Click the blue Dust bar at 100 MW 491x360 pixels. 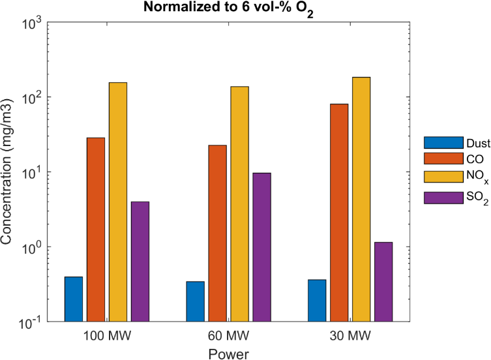coord(74,299)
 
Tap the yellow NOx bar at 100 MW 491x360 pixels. coord(118,202)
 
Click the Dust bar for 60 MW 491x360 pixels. coord(196,301)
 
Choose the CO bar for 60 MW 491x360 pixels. coord(218,233)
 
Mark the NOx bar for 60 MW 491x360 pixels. coord(240,204)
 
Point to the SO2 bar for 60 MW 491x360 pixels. coord(262,247)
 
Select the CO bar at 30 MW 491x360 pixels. coord(339,213)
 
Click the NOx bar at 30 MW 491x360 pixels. coord(361,200)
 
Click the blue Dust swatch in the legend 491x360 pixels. coord(434,142)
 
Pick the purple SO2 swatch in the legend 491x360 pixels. coord(434,197)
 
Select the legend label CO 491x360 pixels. coord(457,158)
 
